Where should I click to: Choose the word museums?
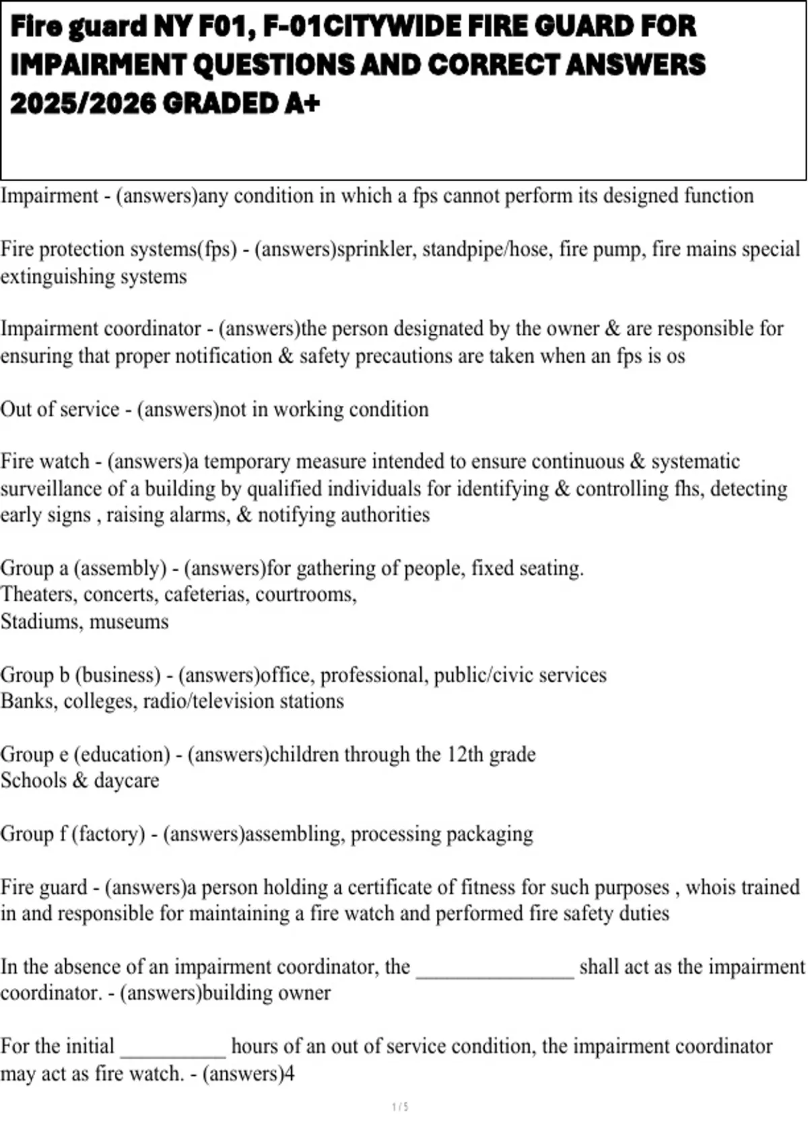[129, 621]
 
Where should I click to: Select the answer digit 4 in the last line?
[290, 1073]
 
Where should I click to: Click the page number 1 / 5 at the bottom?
[401, 1106]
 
